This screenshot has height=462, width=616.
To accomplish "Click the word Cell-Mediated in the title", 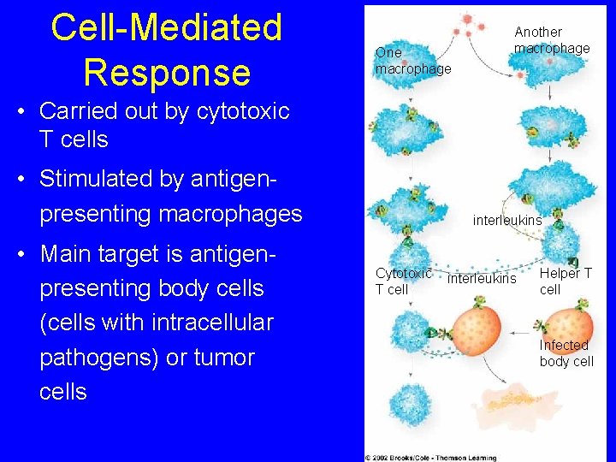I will pos(166,27).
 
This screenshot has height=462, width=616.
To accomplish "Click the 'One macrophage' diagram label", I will pos(412,61).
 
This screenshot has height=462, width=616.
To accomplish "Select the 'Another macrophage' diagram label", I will pos(551,40).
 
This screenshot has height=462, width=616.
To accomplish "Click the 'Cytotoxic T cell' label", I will pos(403,281).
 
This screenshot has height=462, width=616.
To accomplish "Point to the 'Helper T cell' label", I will pos(565,281).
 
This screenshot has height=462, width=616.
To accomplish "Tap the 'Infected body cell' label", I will pos(566,352).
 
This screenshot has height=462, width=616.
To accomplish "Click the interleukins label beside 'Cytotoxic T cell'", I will pos(482,279).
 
